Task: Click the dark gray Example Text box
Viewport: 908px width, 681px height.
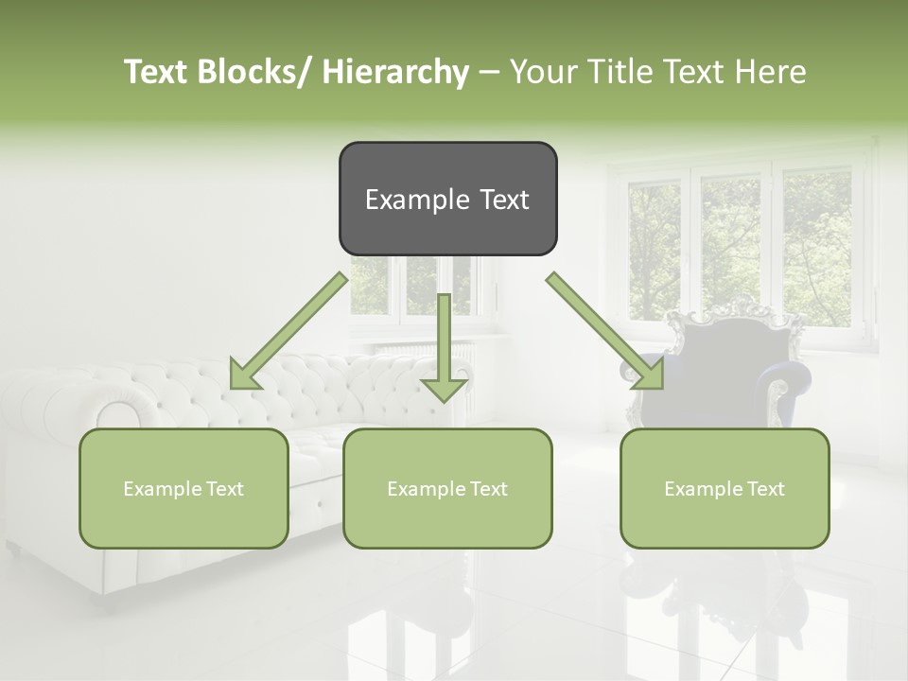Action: pos(447,199)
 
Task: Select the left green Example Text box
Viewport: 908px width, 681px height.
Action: pos(183,488)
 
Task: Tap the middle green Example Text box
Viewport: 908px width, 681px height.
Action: pos(447,488)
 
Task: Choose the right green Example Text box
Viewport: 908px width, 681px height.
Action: pos(725,488)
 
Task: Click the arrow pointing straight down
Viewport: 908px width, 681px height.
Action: pos(444,350)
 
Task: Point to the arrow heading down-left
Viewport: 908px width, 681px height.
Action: pos(284,336)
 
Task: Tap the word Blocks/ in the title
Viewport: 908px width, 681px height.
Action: pos(258,72)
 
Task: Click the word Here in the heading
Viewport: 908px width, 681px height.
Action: pos(771,72)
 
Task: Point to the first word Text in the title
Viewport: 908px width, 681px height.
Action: pos(156,72)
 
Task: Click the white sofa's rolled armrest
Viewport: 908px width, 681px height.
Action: pos(118,416)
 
